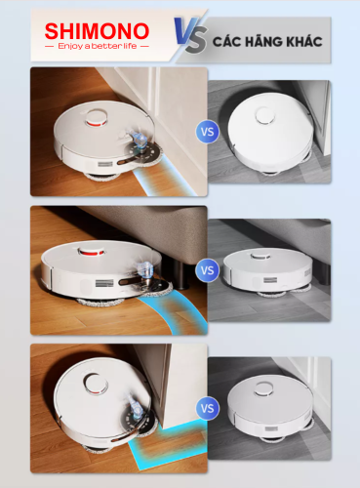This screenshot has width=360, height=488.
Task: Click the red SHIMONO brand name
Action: point(97,31)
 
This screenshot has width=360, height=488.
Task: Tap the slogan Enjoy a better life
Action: point(98,46)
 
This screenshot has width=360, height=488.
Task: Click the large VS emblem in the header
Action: point(190,35)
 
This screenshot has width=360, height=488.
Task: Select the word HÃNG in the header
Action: point(257,41)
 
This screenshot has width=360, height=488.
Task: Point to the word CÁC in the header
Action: point(226,42)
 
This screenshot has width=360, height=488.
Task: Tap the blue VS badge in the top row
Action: point(207,132)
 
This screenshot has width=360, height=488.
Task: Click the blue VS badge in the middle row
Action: point(207,270)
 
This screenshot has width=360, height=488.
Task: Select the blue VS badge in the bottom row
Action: point(207,408)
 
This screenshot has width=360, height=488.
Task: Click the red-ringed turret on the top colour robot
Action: point(96,118)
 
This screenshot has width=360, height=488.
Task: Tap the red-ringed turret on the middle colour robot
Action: point(92,252)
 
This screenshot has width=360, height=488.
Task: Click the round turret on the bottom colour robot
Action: point(96,384)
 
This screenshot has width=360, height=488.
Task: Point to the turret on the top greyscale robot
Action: point(265,115)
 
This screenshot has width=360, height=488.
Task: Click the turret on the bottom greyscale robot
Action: point(264,389)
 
